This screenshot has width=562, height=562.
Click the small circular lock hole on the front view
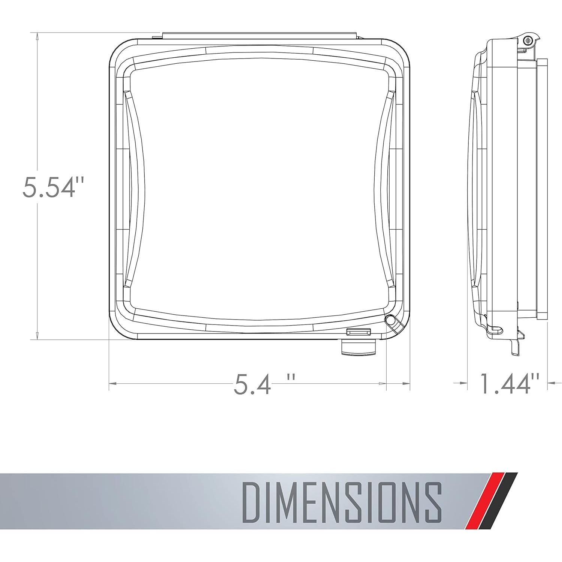390,320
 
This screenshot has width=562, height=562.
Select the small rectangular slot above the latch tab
359,331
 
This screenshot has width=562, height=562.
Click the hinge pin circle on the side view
528,40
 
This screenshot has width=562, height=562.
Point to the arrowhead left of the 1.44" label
464,383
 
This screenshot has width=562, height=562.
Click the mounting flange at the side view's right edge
542,187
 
